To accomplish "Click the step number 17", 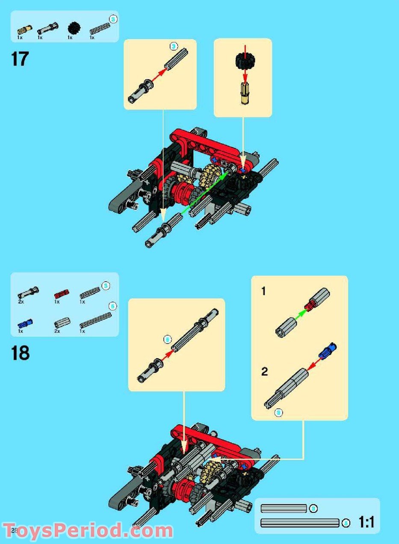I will (20, 59).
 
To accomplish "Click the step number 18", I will (21, 354).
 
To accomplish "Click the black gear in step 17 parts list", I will (73, 29).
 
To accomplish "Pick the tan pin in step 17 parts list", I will (24, 30).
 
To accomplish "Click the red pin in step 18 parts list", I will (61, 294).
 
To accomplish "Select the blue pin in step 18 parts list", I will (25, 323).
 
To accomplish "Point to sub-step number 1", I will (263, 291).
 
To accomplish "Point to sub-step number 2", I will (264, 372).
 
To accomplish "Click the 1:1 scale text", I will (366, 522).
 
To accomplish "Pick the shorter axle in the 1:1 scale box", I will (284, 509).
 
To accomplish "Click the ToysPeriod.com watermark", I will (88, 531).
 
